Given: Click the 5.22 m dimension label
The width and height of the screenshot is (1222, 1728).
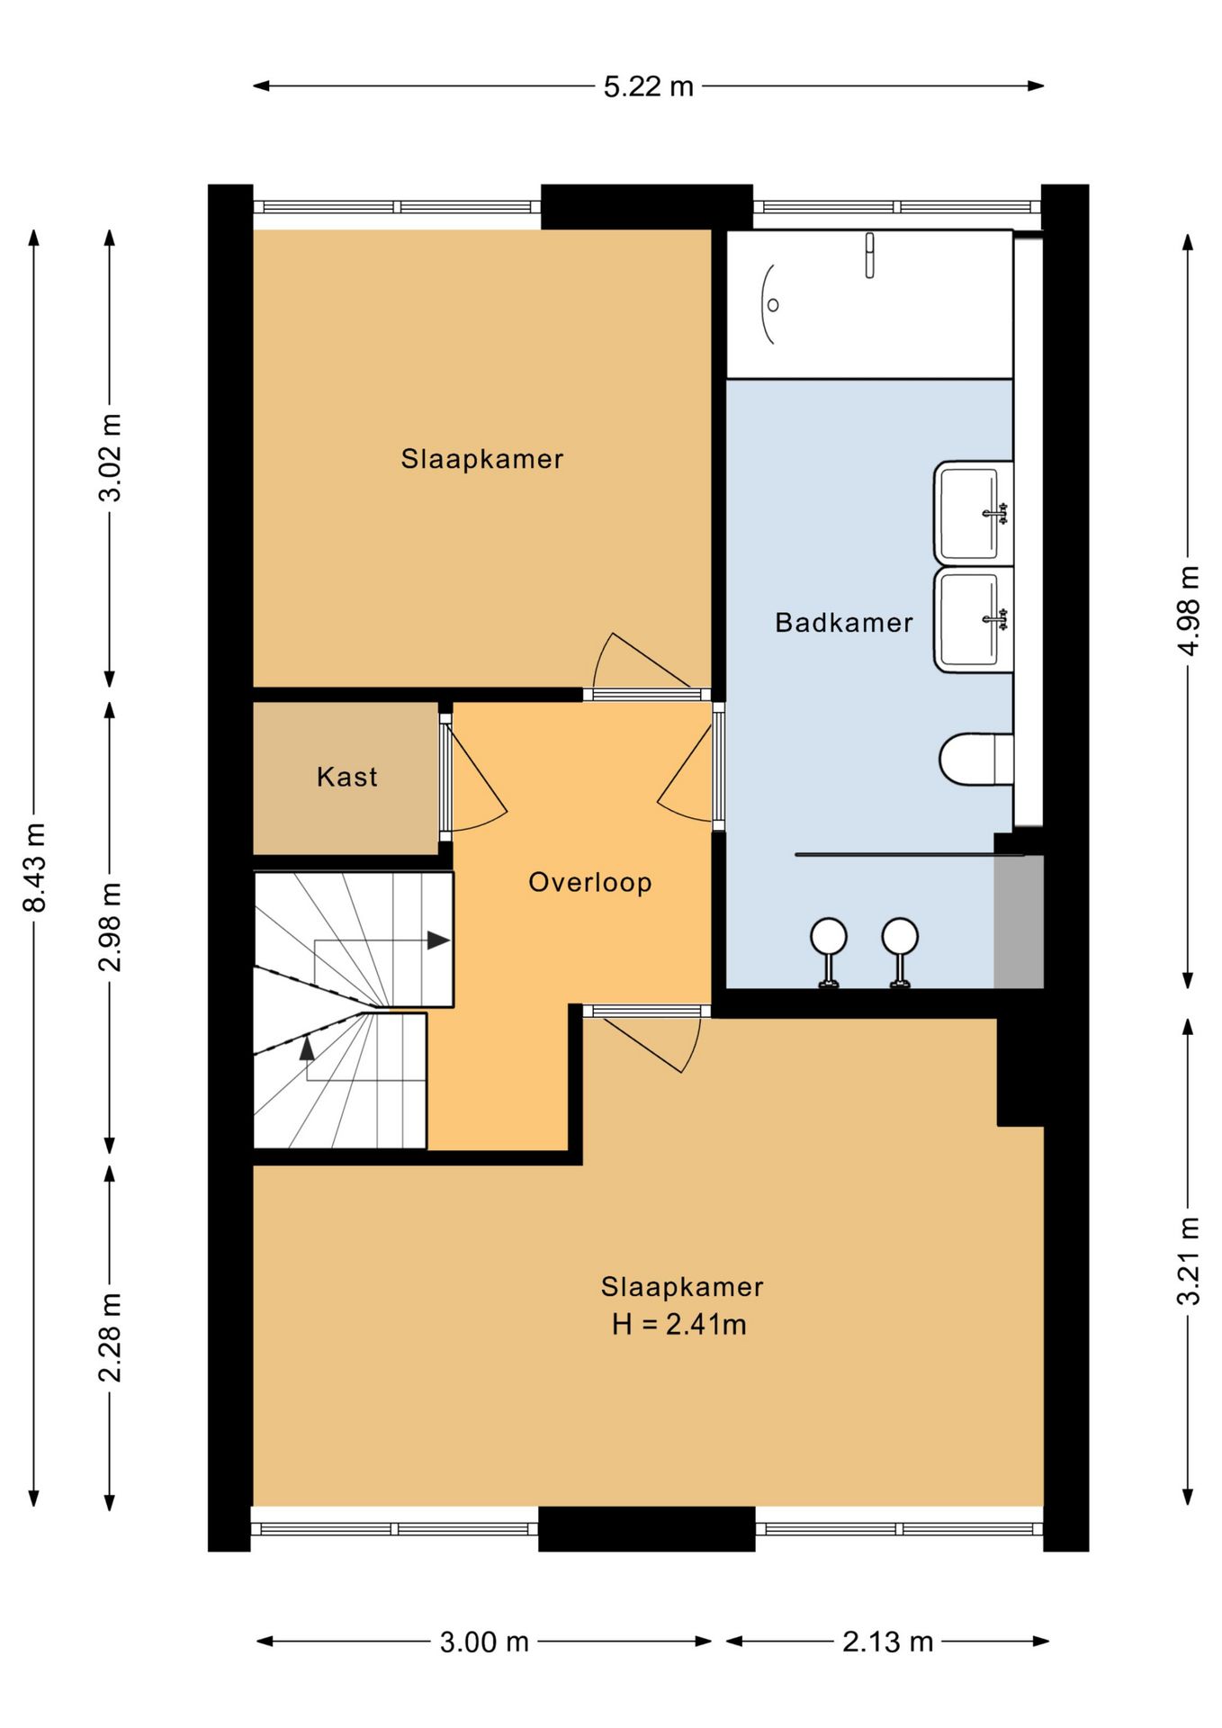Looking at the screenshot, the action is point(648,86).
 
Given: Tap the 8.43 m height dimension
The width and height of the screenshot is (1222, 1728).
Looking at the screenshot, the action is point(34,867).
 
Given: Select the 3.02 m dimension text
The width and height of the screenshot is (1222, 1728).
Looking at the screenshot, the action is point(110,457).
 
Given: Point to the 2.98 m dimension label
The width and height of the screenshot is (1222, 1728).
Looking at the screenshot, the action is point(110,927).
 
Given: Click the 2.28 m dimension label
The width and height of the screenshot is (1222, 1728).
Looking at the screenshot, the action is point(110,1337).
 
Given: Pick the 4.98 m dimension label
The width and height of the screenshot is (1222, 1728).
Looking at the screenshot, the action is point(1189,610).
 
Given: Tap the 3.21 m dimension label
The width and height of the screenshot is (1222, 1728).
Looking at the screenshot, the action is point(1189,1260).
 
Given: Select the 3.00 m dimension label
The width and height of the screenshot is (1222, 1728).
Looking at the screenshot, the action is point(484,1642).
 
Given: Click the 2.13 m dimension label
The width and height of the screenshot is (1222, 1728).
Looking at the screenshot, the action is point(887,1642).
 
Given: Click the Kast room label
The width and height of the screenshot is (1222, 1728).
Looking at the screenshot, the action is point(347,777).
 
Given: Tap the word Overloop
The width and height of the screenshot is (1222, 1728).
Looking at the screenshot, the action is point(590,883).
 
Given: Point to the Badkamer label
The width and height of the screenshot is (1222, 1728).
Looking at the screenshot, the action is point(844,623).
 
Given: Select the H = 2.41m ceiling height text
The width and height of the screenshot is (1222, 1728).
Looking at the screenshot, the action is point(679,1325).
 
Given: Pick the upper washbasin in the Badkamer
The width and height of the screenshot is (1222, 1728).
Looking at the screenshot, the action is point(974,513).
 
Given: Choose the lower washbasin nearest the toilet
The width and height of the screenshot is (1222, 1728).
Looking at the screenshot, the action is point(974,620).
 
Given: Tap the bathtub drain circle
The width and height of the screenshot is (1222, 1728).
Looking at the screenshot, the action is point(773,305).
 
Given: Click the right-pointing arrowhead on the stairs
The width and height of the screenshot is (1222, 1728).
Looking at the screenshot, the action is point(438,940).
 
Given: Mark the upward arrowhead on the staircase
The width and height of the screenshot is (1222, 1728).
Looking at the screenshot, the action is point(308,1048).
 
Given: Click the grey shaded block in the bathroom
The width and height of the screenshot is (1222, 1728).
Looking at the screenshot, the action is point(1019,922).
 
